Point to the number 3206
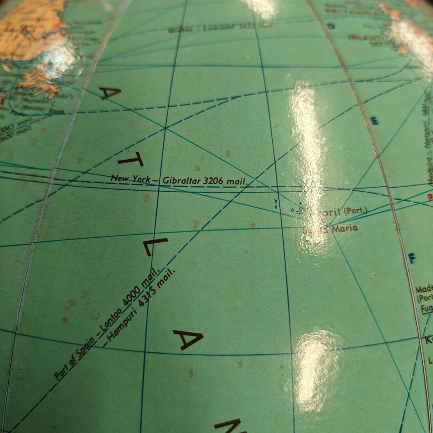point(214,181)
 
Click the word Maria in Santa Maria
point(345,228)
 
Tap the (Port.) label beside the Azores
point(355,211)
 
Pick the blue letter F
point(411,258)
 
